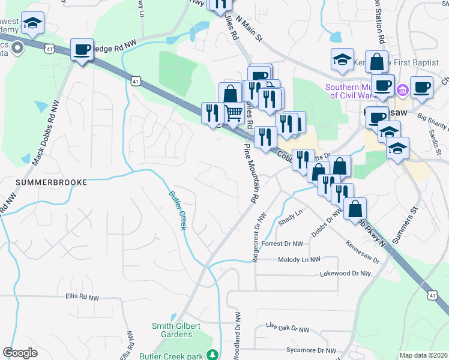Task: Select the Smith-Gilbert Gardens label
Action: click(x=176, y=329)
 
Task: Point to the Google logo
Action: click(x=20, y=353)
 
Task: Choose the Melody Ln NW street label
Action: click(x=300, y=259)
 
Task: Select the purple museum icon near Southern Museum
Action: click(x=402, y=91)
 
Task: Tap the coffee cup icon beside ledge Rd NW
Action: click(x=81, y=50)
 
